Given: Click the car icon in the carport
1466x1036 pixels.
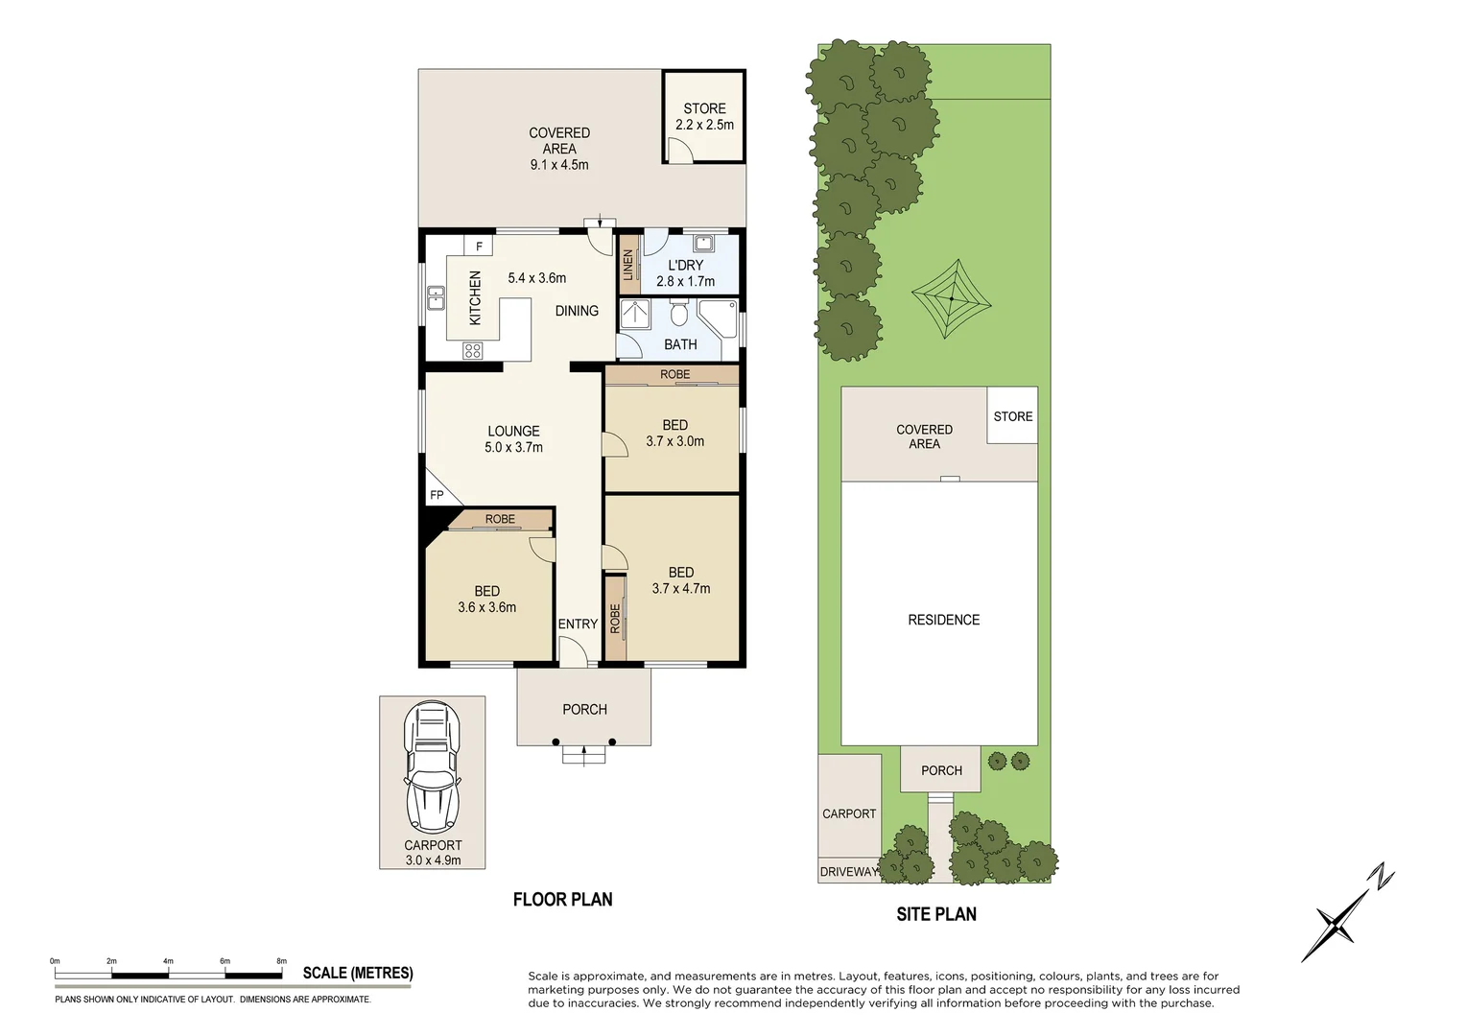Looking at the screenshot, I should tap(432, 767).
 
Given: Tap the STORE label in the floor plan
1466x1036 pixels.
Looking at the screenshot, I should tap(704, 109).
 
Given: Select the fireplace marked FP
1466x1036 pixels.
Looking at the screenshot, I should tap(437, 494).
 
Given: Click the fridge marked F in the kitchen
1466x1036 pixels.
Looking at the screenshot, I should tap(478, 247).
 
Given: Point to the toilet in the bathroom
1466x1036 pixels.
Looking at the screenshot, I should tap(679, 313).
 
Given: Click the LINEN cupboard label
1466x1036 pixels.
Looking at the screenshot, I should tap(629, 264).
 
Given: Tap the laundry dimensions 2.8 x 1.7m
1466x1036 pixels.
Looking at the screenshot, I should tap(685, 282).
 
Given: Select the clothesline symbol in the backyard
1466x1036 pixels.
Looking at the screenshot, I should tap(951, 299).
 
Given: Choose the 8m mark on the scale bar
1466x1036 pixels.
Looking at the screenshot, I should tap(281, 961).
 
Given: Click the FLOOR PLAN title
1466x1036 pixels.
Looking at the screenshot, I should tap(562, 900).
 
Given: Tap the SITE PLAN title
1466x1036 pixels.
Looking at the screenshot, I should tap(935, 914).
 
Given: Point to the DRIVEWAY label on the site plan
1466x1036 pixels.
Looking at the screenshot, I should tap(848, 872).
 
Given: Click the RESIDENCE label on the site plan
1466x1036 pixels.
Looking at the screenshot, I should tap(943, 621).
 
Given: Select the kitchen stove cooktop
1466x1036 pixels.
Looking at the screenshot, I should tap(471, 351).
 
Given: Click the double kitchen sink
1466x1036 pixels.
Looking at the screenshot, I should tap(436, 298).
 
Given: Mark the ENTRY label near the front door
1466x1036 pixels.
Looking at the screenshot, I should tap(578, 624).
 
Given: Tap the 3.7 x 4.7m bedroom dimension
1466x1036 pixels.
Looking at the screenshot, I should tap(680, 589).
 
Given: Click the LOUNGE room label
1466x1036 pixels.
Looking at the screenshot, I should tap(513, 432).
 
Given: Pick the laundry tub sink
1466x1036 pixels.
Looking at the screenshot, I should tap(700, 242).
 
